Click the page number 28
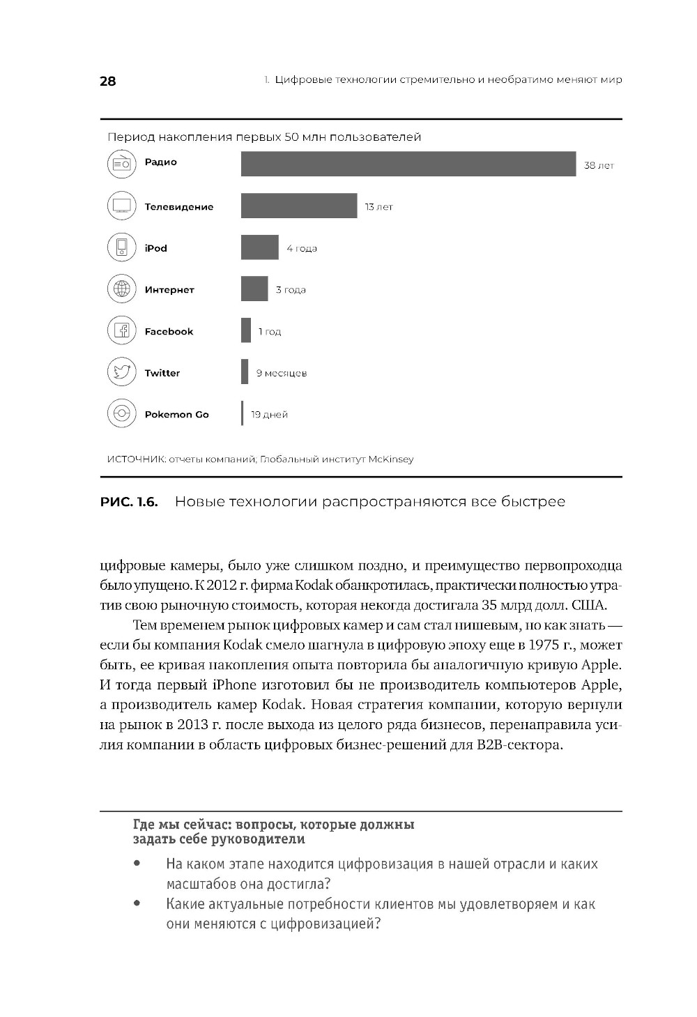pyautogui.click(x=108, y=81)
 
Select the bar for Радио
pyautogui.click(x=408, y=164)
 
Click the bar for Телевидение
pyautogui.click(x=299, y=206)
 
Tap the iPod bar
pyautogui.click(x=259, y=247)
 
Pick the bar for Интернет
pyautogui.click(x=254, y=289)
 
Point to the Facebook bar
pyautogui.click(x=246, y=330)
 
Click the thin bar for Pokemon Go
pyautogui.click(x=243, y=413)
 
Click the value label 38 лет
pyautogui.click(x=599, y=166)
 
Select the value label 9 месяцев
pyautogui.click(x=281, y=373)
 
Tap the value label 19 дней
pyautogui.click(x=269, y=414)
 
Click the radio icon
pyautogui.click(x=121, y=164)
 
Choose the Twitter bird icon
pyautogui.click(x=121, y=372)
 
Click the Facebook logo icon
pyautogui.click(x=121, y=330)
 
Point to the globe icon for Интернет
pyautogui.click(x=121, y=289)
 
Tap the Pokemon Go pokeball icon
pyautogui.click(x=121, y=413)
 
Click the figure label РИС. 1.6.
pyautogui.click(x=129, y=502)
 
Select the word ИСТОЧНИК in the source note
pyautogui.click(x=136, y=459)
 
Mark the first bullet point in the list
pyautogui.click(x=137, y=864)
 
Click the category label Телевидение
pyautogui.click(x=179, y=207)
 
